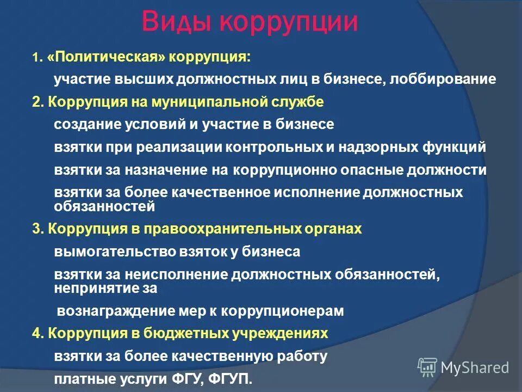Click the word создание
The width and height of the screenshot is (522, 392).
(85, 124)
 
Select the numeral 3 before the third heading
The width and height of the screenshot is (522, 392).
(36, 229)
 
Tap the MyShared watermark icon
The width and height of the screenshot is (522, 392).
(427, 367)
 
